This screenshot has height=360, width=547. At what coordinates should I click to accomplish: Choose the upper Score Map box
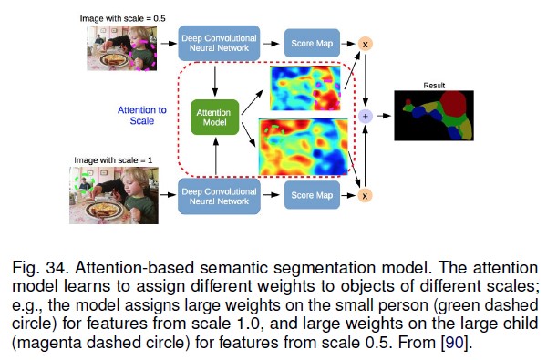(312, 42)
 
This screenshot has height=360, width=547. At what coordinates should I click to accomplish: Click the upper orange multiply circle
(366, 42)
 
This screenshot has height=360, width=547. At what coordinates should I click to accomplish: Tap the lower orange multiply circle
(366, 193)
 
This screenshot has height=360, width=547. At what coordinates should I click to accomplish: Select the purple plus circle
(366, 116)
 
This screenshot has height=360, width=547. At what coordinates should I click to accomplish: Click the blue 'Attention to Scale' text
(141, 116)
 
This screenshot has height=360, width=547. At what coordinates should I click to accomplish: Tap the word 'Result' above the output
(434, 87)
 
